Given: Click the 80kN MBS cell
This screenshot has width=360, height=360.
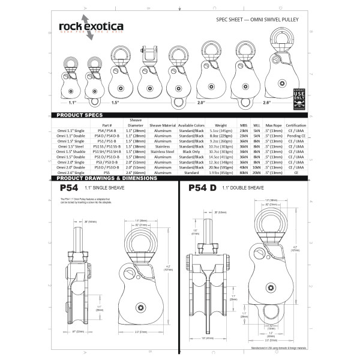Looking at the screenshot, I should (x=244, y=172).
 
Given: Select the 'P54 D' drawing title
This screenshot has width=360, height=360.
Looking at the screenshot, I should (x=203, y=188).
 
